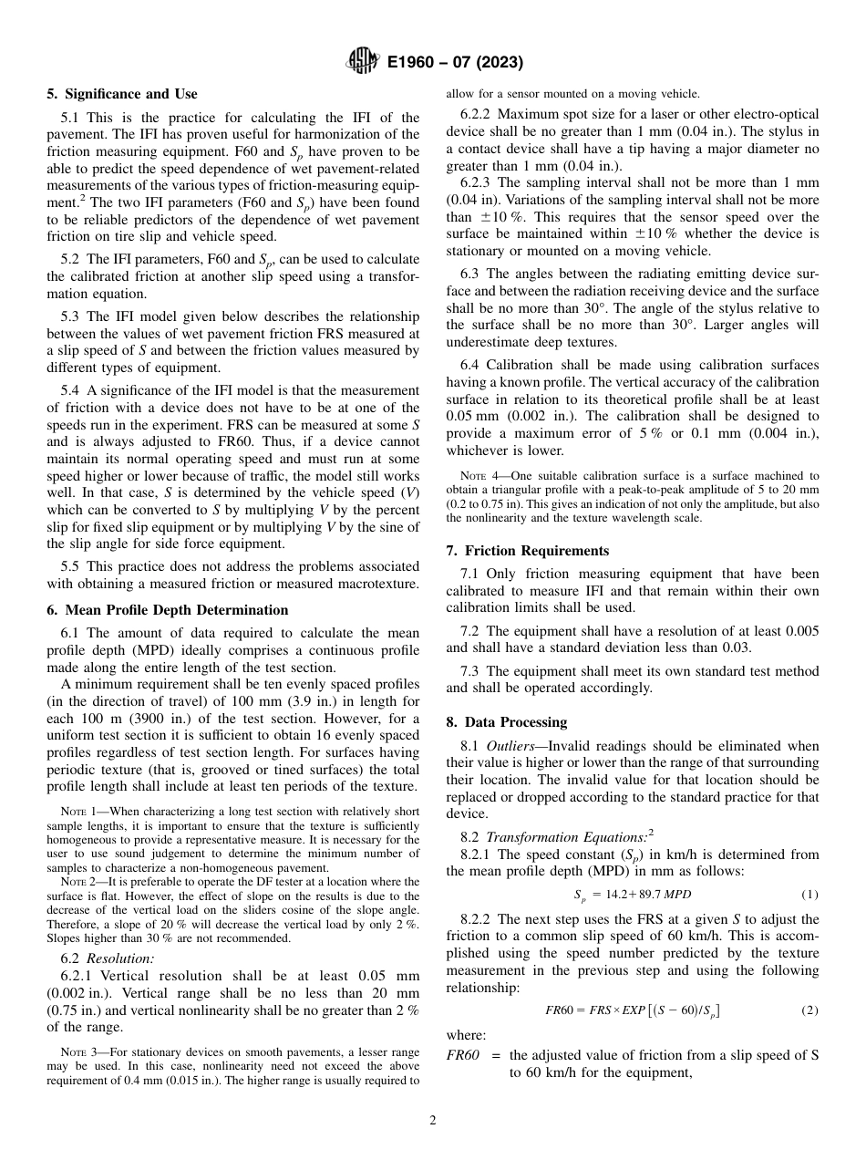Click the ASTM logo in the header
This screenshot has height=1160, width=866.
[363, 62]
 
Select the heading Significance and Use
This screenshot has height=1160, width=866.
[122, 94]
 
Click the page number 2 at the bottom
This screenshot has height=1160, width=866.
[433, 1120]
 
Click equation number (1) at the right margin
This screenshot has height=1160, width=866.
[809, 895]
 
